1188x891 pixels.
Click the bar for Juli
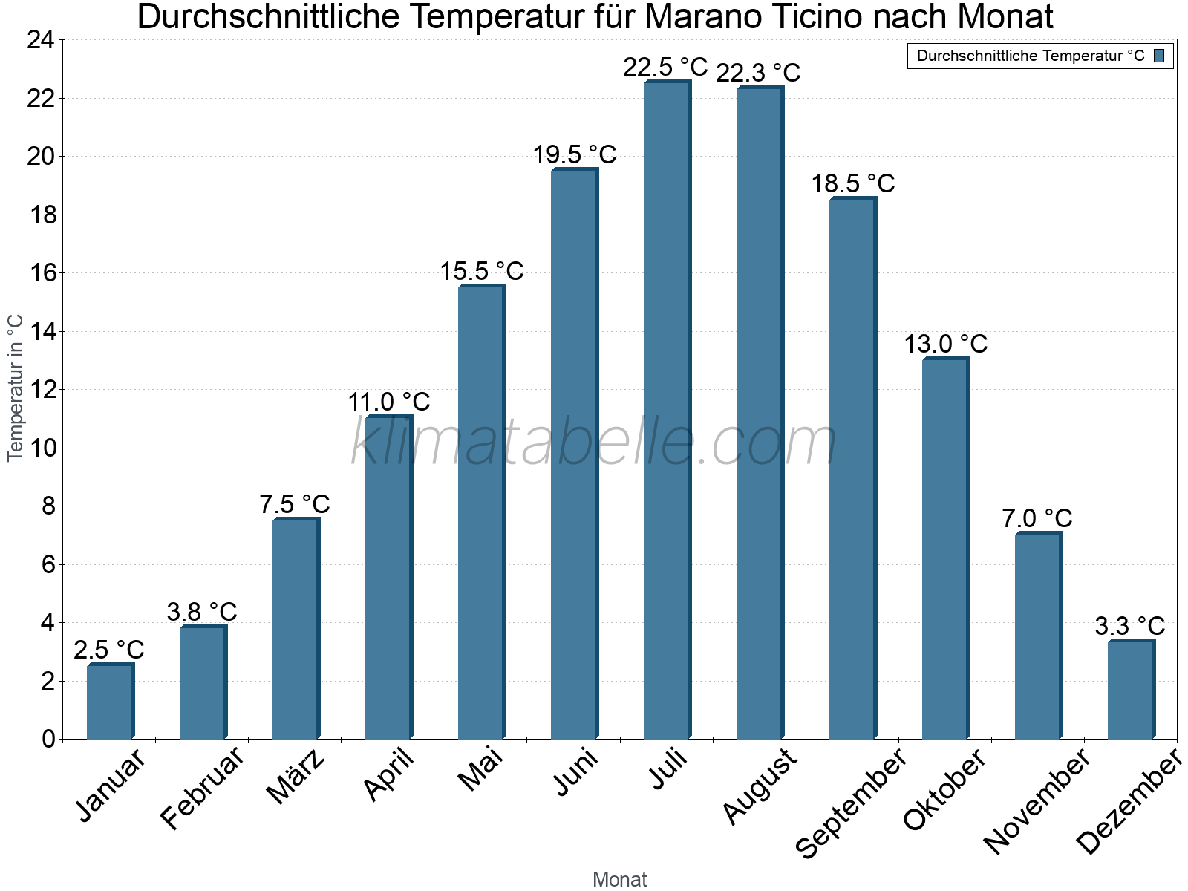coord(667,410)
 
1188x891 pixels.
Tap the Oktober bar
coord(945,549)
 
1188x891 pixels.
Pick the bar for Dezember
coord(1131,690)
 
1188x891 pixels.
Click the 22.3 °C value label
coord(758,73)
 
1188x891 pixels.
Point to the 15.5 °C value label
coord(482,271)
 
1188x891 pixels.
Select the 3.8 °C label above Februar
coord(202,612)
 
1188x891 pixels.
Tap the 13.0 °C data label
coord(945,344)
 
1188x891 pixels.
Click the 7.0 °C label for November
coord(1037,518)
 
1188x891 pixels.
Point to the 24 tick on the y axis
coord(41,40)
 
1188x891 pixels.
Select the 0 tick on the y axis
coord(49,739)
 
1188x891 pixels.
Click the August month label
coord(760,787)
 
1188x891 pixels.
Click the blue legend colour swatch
coord(1159,56)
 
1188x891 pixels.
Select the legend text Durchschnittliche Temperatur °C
coord(1031,56)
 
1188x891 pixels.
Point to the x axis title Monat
coord(620,879)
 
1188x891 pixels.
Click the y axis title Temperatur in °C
coord(16,388)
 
